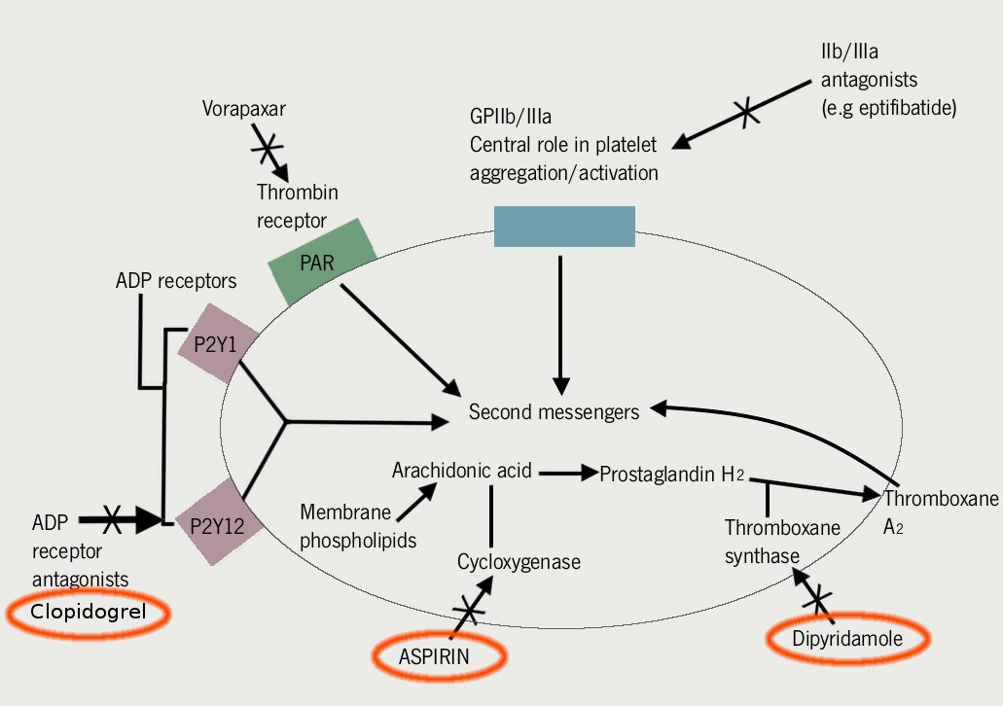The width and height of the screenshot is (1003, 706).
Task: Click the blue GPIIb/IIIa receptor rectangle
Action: tap(564, 227)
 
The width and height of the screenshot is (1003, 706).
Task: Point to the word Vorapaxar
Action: tap(244, 108)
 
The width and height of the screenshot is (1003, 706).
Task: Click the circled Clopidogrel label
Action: tap(88, 613)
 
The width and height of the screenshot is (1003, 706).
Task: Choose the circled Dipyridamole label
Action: tap(847, 639)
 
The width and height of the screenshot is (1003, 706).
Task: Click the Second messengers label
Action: tap(554, 412)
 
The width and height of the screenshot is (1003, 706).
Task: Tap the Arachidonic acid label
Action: tap(462, 471)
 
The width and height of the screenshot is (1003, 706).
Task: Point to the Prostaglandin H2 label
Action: tap(671, 475)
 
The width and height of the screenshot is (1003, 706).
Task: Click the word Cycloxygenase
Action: tap(519, 562)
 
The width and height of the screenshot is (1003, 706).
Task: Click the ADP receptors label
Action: tap(175, 281)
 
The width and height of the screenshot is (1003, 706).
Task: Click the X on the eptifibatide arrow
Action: tap(746, 113)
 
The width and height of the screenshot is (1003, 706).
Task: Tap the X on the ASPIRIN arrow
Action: tap(468, 610)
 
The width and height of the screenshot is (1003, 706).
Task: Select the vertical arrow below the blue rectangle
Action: tap(560, 321)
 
